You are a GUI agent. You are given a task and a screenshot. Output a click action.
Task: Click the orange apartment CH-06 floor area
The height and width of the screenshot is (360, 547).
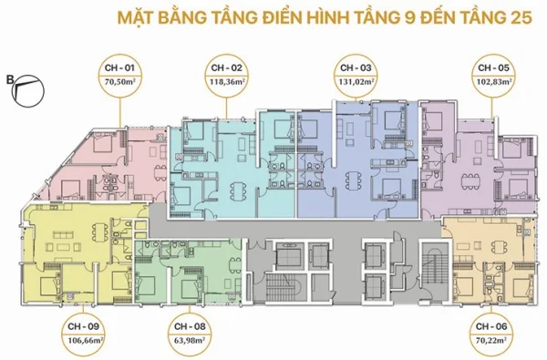[x=483, y=260]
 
